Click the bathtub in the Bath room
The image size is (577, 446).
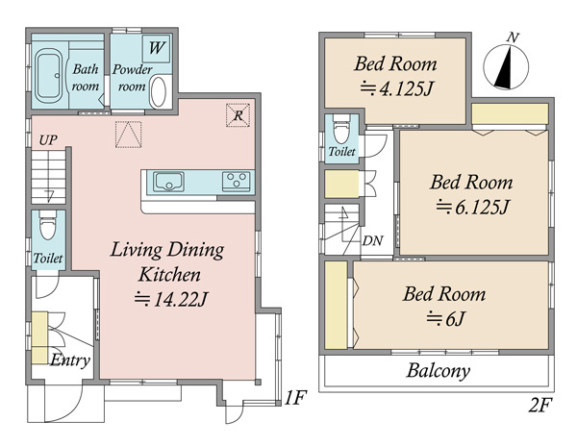click(x=50, y=75)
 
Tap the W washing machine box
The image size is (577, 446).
click(x=157, y=48)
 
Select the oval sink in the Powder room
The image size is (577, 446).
click(x=159, y=91)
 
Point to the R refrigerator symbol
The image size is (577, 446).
click(x=238, y=115)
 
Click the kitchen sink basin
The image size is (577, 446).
click(x=168, y=182)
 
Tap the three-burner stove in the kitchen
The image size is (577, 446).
click(x=236, y=182)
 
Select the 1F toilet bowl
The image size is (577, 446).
click(x=47, y=226)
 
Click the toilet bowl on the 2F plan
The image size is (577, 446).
click(x=341, y=129)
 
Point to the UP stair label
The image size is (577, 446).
click(x=48, y=140)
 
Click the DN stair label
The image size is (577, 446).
click(x=373, y=240)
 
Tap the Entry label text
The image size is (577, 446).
click(x=70, y=360)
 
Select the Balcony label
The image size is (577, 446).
click(x=439, y=371)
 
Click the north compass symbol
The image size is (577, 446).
click(x=507, y=64)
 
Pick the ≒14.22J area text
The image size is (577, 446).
click(x=171, y=299)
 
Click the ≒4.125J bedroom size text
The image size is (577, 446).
click(x=395, y=88)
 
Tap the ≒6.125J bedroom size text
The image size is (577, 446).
click(x=472, y=207)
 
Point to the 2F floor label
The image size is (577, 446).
click(x=540, y=406)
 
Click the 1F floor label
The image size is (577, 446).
click(x=295, y=398)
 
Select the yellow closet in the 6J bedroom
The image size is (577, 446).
click(x=336, y=305)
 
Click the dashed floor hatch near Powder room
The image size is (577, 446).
click(x=129, y=135)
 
